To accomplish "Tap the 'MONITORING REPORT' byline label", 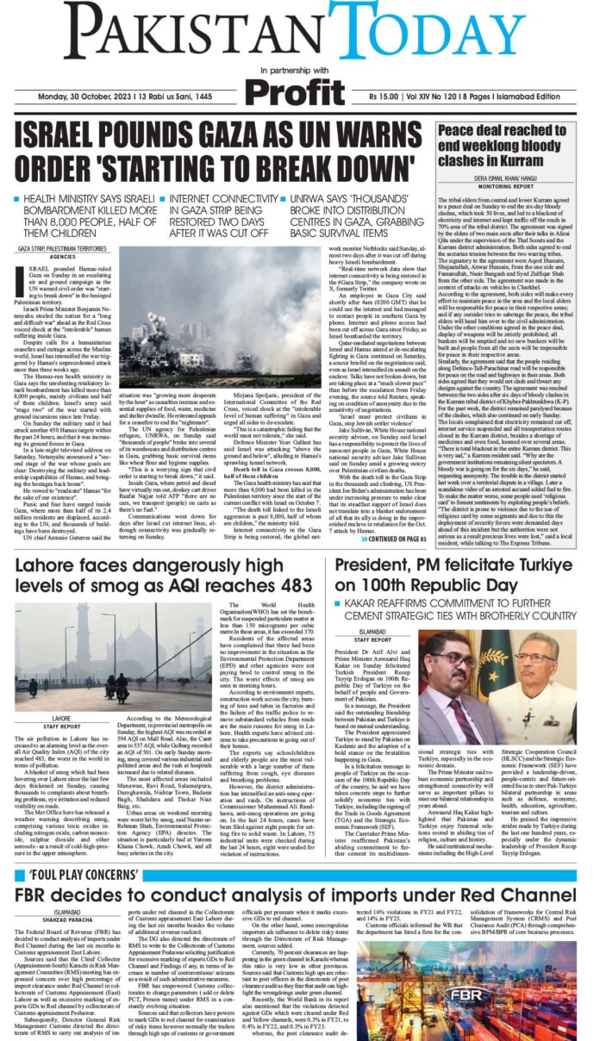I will click(513, 184).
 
